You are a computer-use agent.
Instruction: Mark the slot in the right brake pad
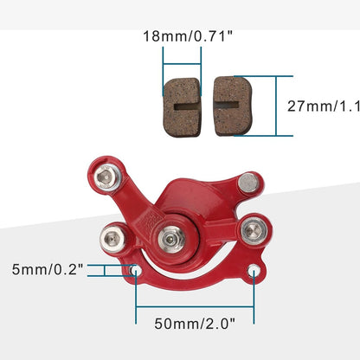(x=228, y=106)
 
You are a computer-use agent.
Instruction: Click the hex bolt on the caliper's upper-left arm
(x=106, y=178)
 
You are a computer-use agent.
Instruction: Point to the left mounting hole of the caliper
(x=136, y=272)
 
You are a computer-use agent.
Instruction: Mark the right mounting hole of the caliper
(x=253, y=273)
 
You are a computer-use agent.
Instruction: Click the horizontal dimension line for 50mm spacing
(x=195, y=307)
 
